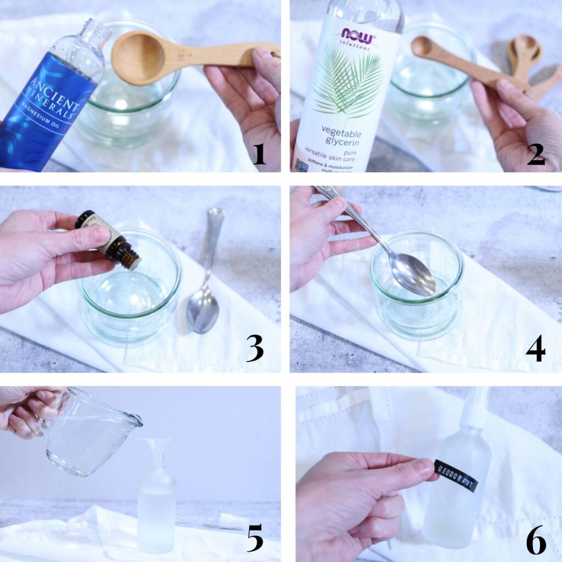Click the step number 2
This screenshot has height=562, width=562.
[x=536, y=153]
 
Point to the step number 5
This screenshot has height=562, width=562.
[x=255, y=539]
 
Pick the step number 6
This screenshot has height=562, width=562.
[x=536, y=540]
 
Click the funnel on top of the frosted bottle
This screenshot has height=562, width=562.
[x=155, y=451]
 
